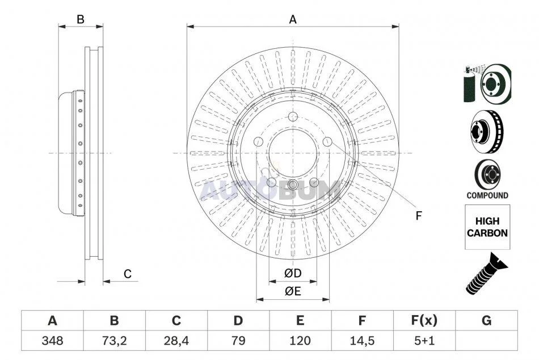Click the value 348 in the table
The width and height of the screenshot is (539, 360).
[x=52, y=341]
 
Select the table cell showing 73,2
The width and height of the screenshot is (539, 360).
[x=114, y=341]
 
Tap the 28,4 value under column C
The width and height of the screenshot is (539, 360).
[x=176, y=341]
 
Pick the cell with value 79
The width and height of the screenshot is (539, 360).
[x=238, y=341]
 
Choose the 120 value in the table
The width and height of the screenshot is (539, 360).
[x=300, y=341]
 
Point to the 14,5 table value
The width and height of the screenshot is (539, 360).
[x=362, y=341]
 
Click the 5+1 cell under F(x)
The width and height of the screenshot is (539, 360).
[x=424, y=341]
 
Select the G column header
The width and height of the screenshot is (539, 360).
[x=486, y=321]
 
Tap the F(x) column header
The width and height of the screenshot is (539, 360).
[x=424, y=321]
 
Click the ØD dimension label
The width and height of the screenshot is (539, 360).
[x=293, y=273]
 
